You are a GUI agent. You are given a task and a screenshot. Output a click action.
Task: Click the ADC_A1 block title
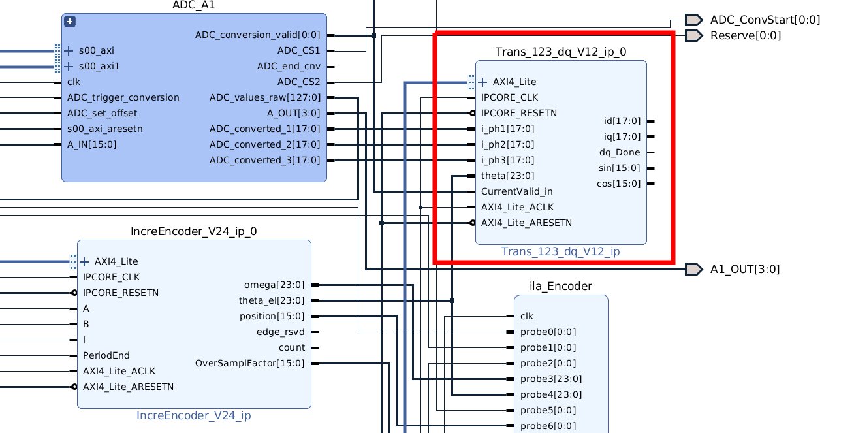point(194,6)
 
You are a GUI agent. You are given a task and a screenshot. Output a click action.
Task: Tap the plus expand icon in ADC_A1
point(70,22)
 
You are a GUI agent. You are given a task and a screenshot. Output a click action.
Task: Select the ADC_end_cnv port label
point(289,66)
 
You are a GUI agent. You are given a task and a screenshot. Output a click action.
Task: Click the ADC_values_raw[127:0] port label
point(265,98)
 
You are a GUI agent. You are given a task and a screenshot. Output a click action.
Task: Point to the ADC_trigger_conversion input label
point(123,97)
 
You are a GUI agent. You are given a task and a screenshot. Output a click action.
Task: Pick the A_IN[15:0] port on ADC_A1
point(92,144)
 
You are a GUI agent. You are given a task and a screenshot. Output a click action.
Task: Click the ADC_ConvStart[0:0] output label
point(765,20)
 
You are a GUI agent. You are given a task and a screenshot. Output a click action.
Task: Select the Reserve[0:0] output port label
point(745,35)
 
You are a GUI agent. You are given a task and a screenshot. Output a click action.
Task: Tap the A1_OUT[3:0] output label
point(745,269)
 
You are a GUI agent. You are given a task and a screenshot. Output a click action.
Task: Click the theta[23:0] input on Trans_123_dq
point(507,176)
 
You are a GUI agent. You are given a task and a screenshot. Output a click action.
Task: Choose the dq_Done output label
point(620,152)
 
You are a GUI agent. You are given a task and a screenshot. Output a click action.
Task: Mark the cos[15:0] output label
point(618,184)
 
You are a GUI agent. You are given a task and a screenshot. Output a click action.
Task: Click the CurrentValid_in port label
point(516,191)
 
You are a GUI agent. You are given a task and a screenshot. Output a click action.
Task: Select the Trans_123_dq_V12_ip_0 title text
point(561,52)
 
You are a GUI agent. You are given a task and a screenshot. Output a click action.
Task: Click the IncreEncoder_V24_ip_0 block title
point(194,231)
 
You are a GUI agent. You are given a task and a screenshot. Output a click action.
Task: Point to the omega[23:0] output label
point(274,285)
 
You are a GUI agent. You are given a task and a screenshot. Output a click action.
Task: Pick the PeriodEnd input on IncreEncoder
point(106,355)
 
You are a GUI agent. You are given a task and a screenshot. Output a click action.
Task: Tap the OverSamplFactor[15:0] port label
point(250,363)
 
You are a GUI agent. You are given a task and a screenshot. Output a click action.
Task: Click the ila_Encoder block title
point(561,286)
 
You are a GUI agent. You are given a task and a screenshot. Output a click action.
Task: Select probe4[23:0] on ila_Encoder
point(550,394)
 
